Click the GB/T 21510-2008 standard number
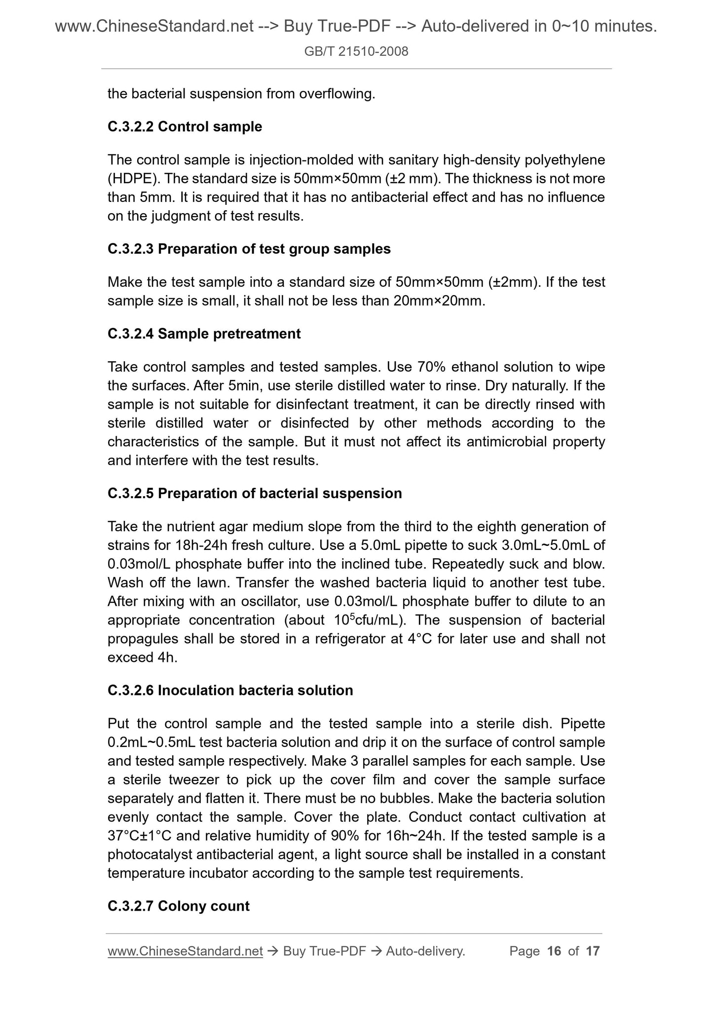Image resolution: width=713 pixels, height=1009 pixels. (356, 51)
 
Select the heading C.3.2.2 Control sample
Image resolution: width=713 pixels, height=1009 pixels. (185, 127)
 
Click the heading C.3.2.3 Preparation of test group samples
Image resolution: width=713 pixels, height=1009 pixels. (249, 249)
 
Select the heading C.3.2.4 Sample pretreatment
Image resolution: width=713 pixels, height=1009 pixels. (204, 334)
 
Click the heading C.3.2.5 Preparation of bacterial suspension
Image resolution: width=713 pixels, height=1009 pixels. (255, 494)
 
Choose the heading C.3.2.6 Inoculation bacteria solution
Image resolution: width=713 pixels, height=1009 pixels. (230, 690)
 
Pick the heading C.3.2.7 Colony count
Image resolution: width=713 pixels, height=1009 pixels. (178, 906)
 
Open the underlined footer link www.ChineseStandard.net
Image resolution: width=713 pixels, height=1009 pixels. (185, 951)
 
